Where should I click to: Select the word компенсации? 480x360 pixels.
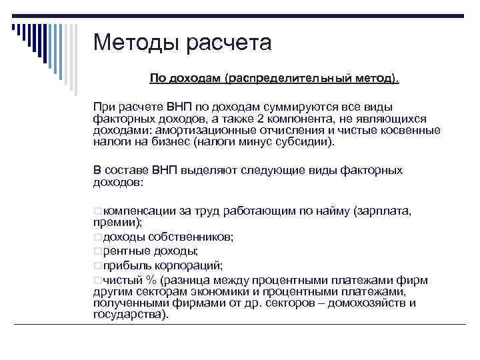click(140, 211)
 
